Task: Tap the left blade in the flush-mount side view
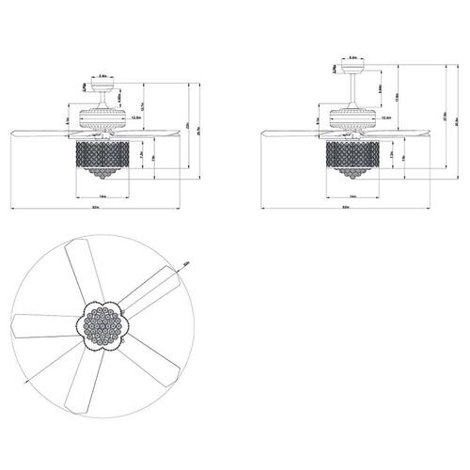(x=42, y=131)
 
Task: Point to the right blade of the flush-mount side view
(x=160, y=131)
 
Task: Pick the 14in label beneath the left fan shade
(x=101, y=196)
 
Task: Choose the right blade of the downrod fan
(x=412, y=131)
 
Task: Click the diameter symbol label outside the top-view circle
(x=187, y=266)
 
